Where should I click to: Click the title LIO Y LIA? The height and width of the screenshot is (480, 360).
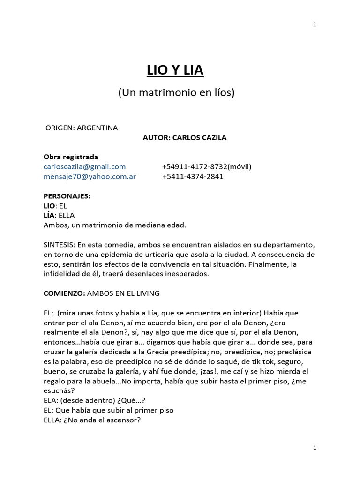pyautogui.click(x=176, y=71)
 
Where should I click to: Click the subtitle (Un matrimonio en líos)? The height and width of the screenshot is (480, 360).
pyautogui.click(x=176, y=93)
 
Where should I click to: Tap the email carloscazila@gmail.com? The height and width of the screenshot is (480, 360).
pyautogui.click(x=84, y=166)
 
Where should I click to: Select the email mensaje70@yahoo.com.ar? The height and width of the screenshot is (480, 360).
pyautogui.click(x=90, y=177)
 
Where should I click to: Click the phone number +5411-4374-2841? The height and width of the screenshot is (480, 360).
pyautogui.click(x=193, y=177)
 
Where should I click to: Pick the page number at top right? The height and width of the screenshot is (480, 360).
pyautogui.click(x=315, y=24)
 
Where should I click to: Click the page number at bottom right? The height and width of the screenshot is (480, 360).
pyautogui.click(x=315, y=448)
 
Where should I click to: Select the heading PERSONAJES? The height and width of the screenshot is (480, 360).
pyautogui.click(x=67, y=196)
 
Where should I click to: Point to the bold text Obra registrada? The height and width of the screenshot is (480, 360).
pyautogui.click(x=71, y=157)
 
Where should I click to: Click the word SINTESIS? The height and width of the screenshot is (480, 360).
pyautogui.click(x=60, y=245)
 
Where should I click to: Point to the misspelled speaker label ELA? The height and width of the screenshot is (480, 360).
pyautogui.click(x=51, y=401)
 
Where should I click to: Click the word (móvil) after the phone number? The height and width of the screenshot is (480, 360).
pyautogui.click(x=240, y=166)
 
